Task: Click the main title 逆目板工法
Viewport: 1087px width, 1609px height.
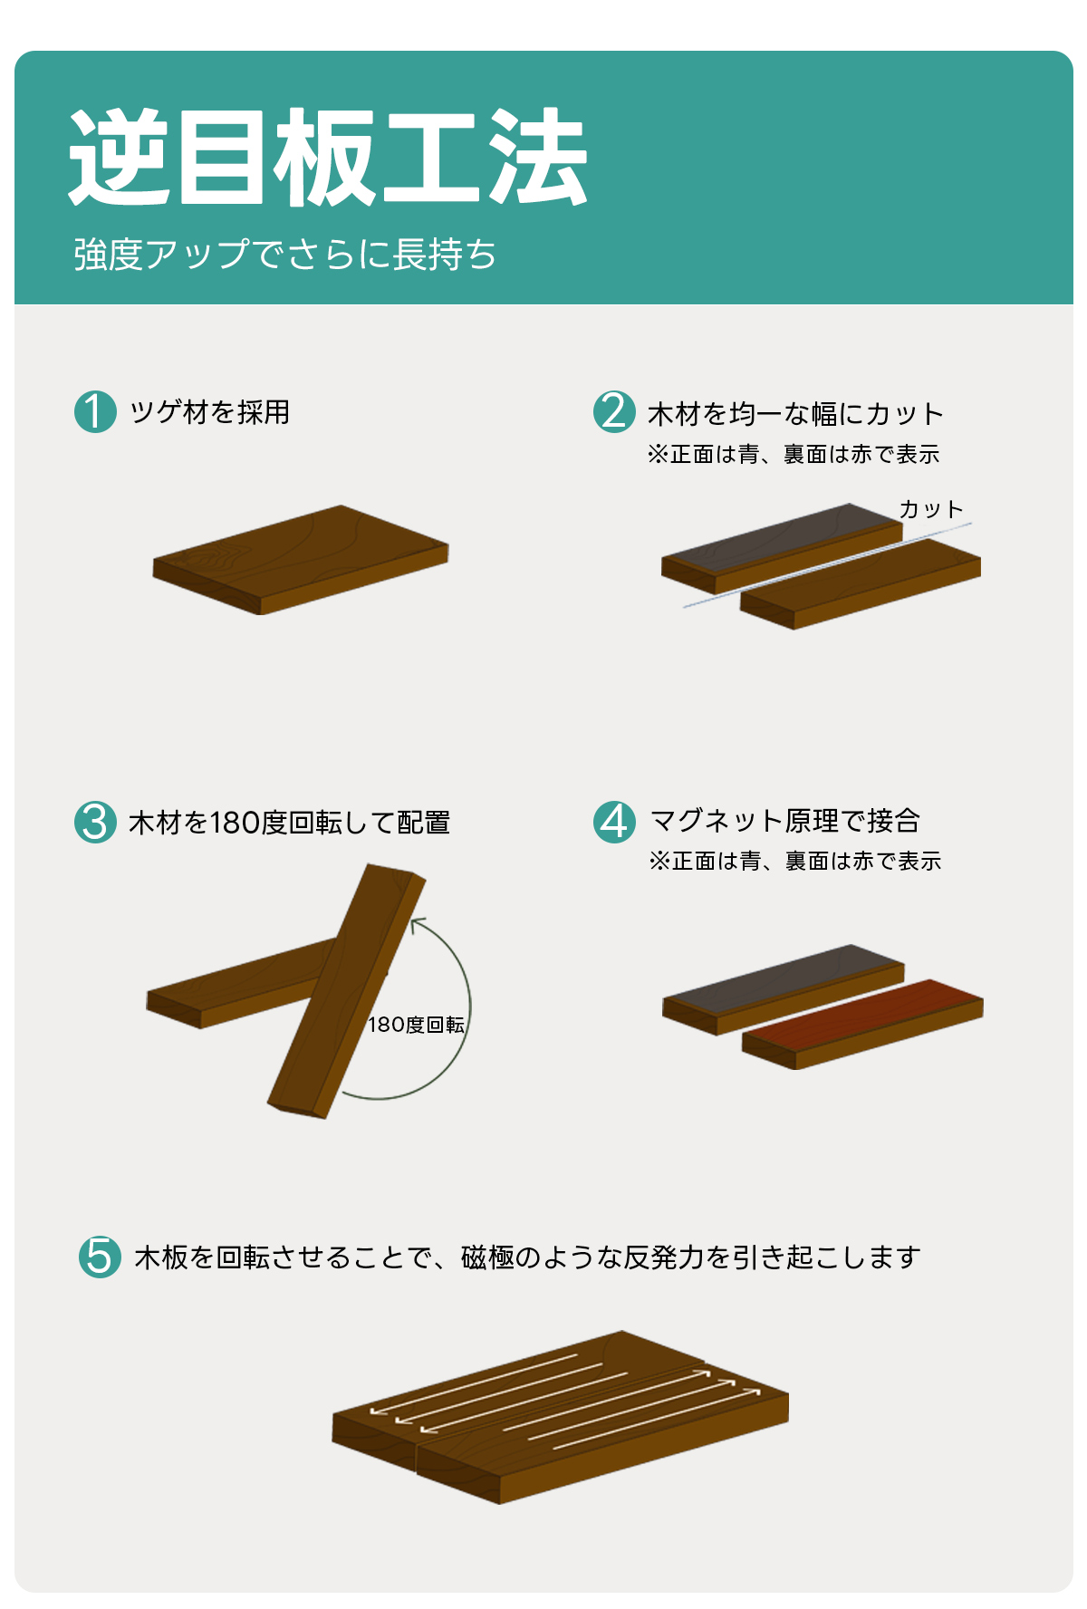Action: click(328, 158)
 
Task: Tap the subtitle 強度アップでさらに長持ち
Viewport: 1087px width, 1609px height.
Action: click(284, 255)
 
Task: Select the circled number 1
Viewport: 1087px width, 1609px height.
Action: click(95, 411)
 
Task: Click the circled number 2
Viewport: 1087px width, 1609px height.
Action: click(614, 411)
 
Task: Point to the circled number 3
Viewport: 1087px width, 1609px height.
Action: click(95, 822)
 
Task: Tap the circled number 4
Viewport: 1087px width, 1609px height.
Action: click(614, 822)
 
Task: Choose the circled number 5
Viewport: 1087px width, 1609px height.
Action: click(100, 1257)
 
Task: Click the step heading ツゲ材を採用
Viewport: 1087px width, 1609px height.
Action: click(209, 412)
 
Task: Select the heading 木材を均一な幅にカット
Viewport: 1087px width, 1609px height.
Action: click(795, 414)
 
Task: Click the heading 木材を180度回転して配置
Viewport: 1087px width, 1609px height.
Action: click(290, 823)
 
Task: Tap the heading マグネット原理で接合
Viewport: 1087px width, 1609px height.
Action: click(785, 821)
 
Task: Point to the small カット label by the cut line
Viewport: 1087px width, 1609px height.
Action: click(931, 509)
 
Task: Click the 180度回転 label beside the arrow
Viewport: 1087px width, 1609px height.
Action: click(416, 1025)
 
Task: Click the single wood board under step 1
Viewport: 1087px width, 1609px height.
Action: click(301, 560)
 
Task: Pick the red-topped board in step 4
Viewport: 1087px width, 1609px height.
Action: click(862, 1024)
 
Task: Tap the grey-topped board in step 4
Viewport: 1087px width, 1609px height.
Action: click(784, 989)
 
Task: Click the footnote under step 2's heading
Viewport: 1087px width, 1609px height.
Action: click(794, 455)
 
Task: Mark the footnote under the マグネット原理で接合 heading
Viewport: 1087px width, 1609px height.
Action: click(795, 861)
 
